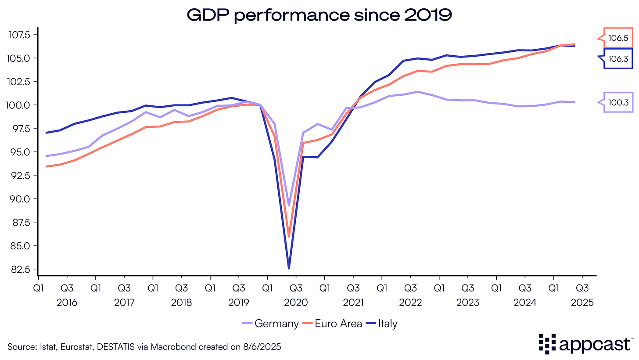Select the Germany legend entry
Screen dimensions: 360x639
[270, 324]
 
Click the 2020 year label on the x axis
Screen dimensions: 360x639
[296, 302]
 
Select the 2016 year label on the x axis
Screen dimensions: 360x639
[67, 302]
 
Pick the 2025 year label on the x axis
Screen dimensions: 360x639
[582, 302]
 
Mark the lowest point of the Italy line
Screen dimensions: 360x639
[289, 268]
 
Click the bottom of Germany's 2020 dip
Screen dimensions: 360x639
[289, 205]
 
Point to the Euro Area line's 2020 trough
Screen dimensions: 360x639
[289, 236]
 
